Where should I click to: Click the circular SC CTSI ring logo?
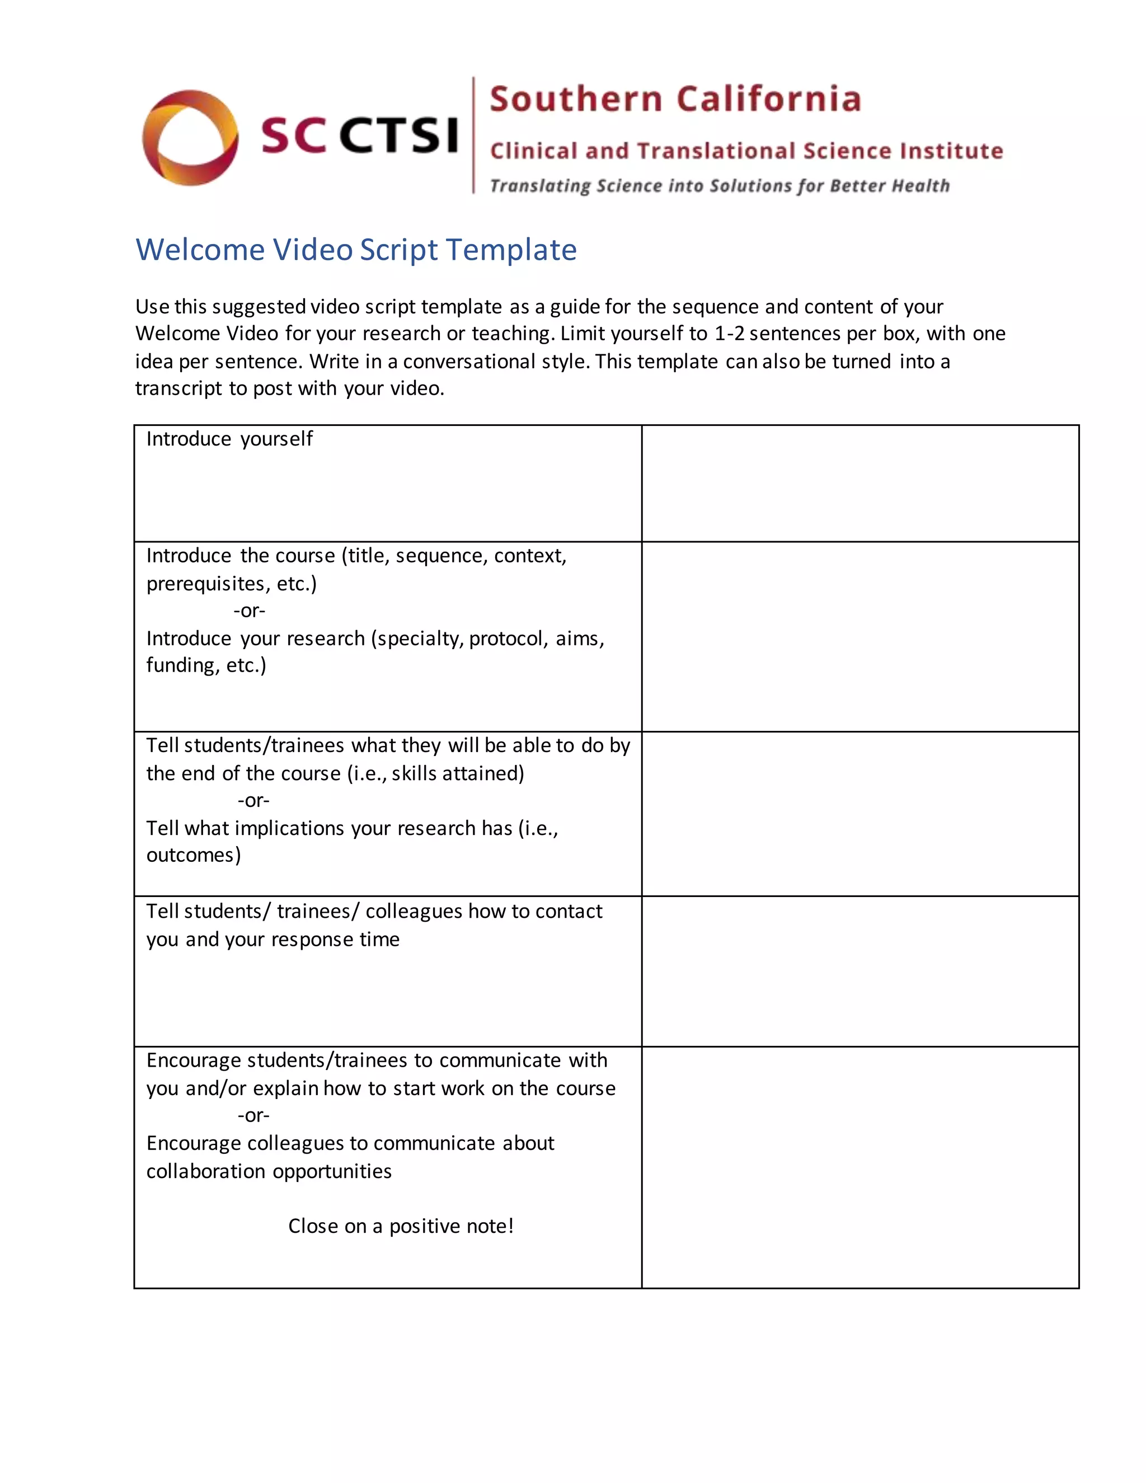pyautogui.click(x=190, y=137)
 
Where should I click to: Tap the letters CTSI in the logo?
pyautogui.click(x=398, y=135)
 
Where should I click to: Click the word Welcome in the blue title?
pyautogui.click(x=200, y=250)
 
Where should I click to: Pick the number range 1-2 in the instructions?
pyautogui.click(x=729, y=334)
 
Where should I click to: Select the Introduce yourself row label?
pyautogui.click(x=229, y=439)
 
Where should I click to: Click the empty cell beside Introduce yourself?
pyautogui.click(x=859, y=484)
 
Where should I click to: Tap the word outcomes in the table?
pyautogui.click(x=193, y=855)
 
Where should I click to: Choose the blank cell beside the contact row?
pyautogui.click(x=859, y=971)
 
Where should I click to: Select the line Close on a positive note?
pyautogui.click(x=401, y=1226)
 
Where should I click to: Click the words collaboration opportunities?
pyautogui.click(x=269, y=1171)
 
